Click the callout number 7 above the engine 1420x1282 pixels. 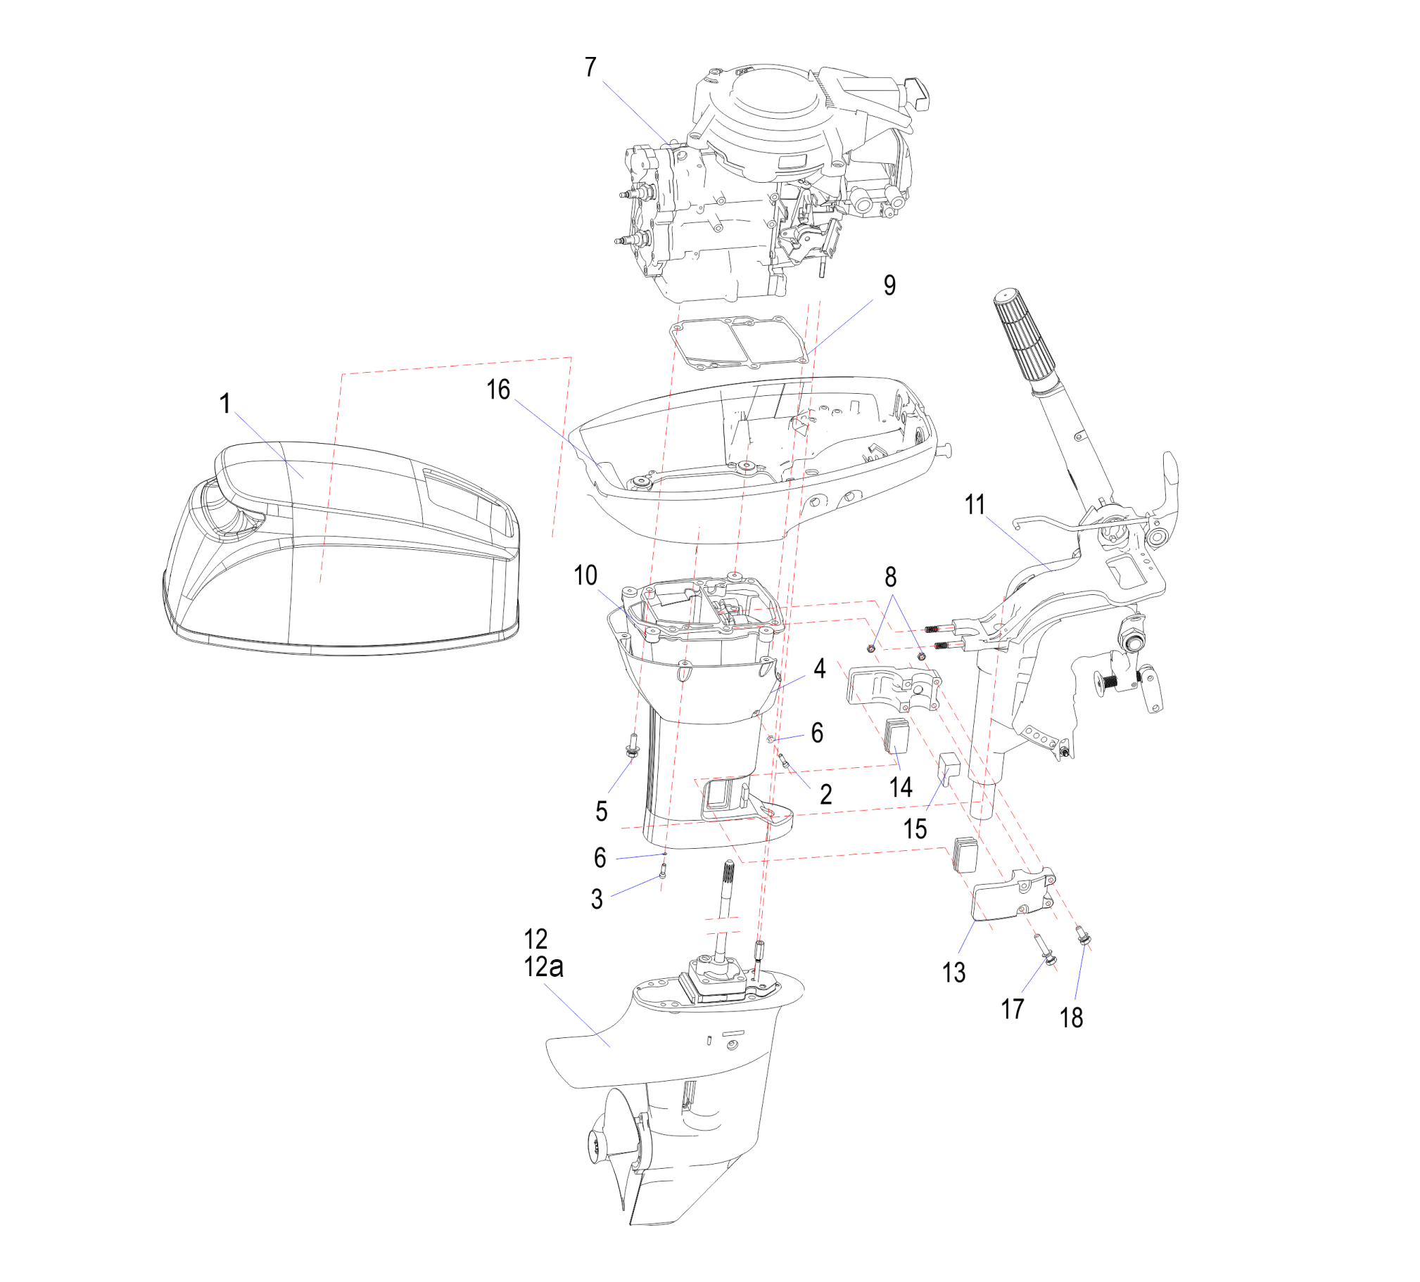click(590, 68)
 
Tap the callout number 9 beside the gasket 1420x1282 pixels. click(889, 285)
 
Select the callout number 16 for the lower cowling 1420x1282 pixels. click(498, 390)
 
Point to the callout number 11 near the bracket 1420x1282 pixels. click(975, 504)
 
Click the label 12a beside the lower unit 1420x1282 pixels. click(543, 968)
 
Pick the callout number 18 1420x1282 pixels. click(1072, 1018)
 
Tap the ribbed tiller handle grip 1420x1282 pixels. click(1025, 335)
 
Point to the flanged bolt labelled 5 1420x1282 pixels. click(633, 745)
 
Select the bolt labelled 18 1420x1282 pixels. click(1084, 936)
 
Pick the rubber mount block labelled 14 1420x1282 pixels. click(896, 736)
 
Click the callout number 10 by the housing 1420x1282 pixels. click(585, 575)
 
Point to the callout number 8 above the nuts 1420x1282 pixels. click(890, 577)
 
